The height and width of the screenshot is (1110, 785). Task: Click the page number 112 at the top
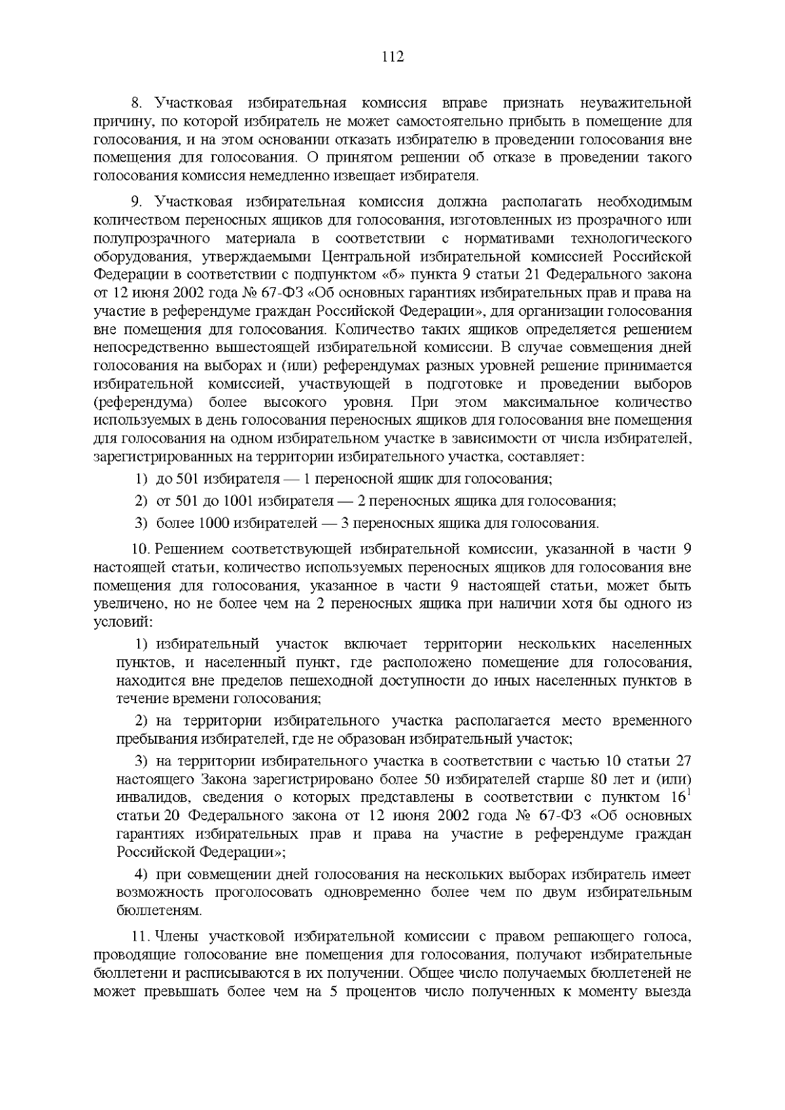click(x=392, y=57)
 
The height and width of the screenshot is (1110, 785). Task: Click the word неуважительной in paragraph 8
click(x=636, y=103)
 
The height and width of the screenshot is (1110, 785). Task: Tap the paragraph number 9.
click(x=136, y=201)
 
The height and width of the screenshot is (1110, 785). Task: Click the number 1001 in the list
click(x=239, y=502)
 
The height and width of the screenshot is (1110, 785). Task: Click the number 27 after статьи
click(x=682, y=761)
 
